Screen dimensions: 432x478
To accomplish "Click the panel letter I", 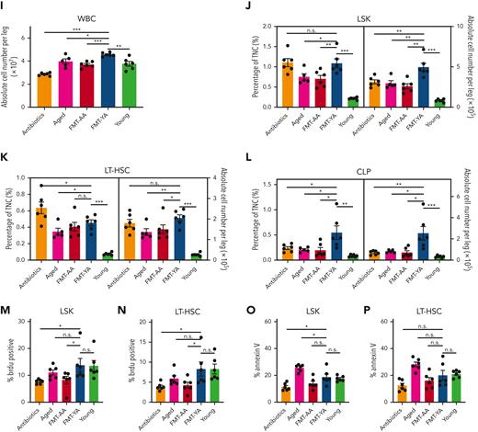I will (5, 6).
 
